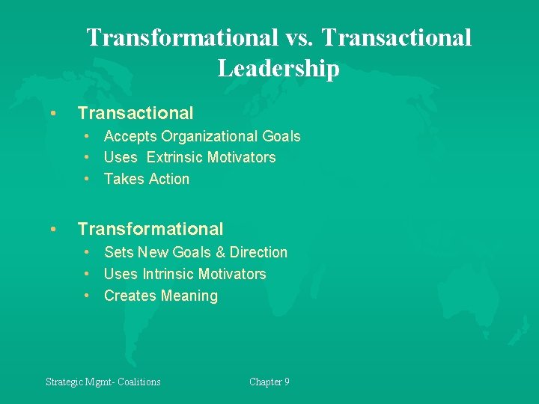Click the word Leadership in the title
(278, 68)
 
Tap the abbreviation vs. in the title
(305, 37)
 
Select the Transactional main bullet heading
(135, 113)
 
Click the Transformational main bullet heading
(150, 229)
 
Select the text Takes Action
(147, 179)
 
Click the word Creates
(128, 296)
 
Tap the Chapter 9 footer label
(269, 382)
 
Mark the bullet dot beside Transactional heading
(52, 114)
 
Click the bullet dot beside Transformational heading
(52, 230)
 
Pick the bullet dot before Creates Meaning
(88, 296)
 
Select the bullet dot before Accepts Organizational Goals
(88, 136)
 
